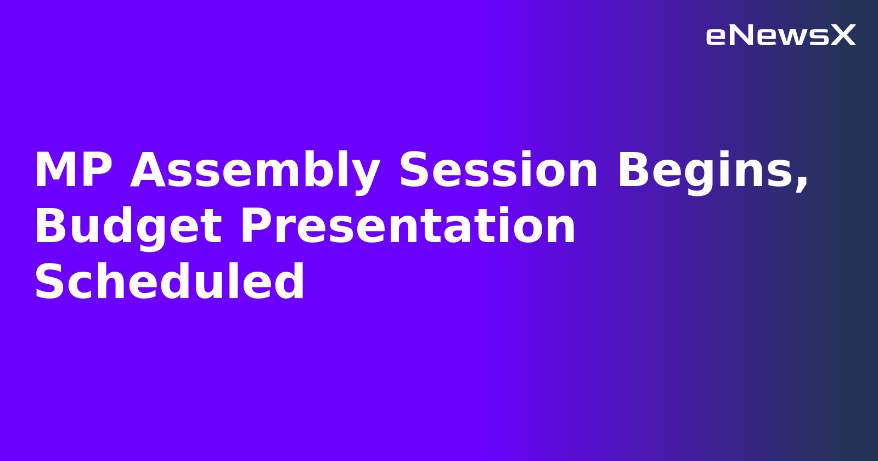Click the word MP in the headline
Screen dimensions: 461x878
pyautogui.click(x=73, y=171)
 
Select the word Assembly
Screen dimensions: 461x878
pyautogui.click(x=255, y=171)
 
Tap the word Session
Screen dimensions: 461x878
pyautogui.click(x=498, y=171)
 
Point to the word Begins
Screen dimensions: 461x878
pyautogui.click(x=706, y=171)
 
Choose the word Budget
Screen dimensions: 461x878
pyautogui.click(x=128, y=227)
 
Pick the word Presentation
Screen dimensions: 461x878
pyautogui.click(x=408, y=227)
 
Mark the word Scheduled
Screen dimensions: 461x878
pyautogui.click(x=169, y=282)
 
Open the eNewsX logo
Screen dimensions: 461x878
pyautogui.click(x=780, y=36)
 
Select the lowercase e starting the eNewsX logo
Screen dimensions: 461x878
pyautogui.click(x=716, y=37)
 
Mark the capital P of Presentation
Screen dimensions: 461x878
pyautogui.click(x=255, y=227)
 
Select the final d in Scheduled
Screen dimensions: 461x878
pyautogui.click(x=290, y=282)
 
